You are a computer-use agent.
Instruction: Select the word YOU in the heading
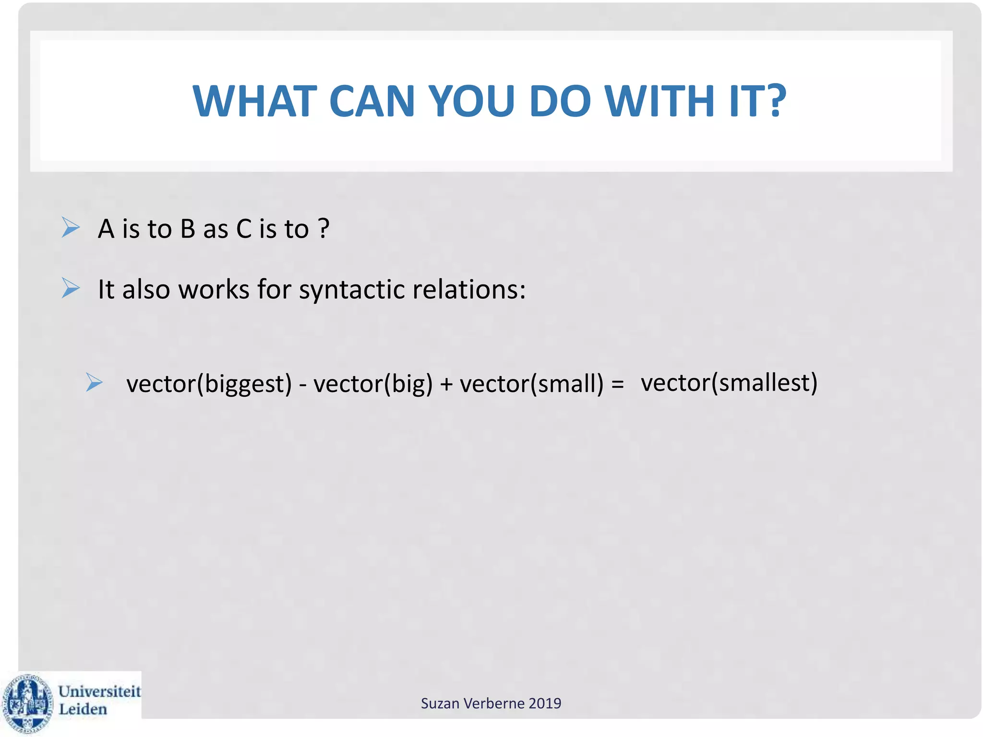coord(471,101)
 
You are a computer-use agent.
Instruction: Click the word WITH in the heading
coord(660,101)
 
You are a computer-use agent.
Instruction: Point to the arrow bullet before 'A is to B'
coord(71,227)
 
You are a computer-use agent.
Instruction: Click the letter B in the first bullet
coord(187,229)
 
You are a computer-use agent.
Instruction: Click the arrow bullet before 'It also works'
coord(71,288)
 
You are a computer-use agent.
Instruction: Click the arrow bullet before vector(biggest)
coord(94,382)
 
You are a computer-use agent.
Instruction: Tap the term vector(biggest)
coord(209,384)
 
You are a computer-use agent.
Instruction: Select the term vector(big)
coord(373,384)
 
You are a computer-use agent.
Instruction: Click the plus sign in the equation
coord(446,384)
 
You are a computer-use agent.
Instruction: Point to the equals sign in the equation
coord(617,384)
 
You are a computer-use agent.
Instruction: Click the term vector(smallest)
coord(729,383)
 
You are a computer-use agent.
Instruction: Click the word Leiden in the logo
coord(83,709)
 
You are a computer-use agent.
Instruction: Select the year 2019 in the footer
coord(545,703)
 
